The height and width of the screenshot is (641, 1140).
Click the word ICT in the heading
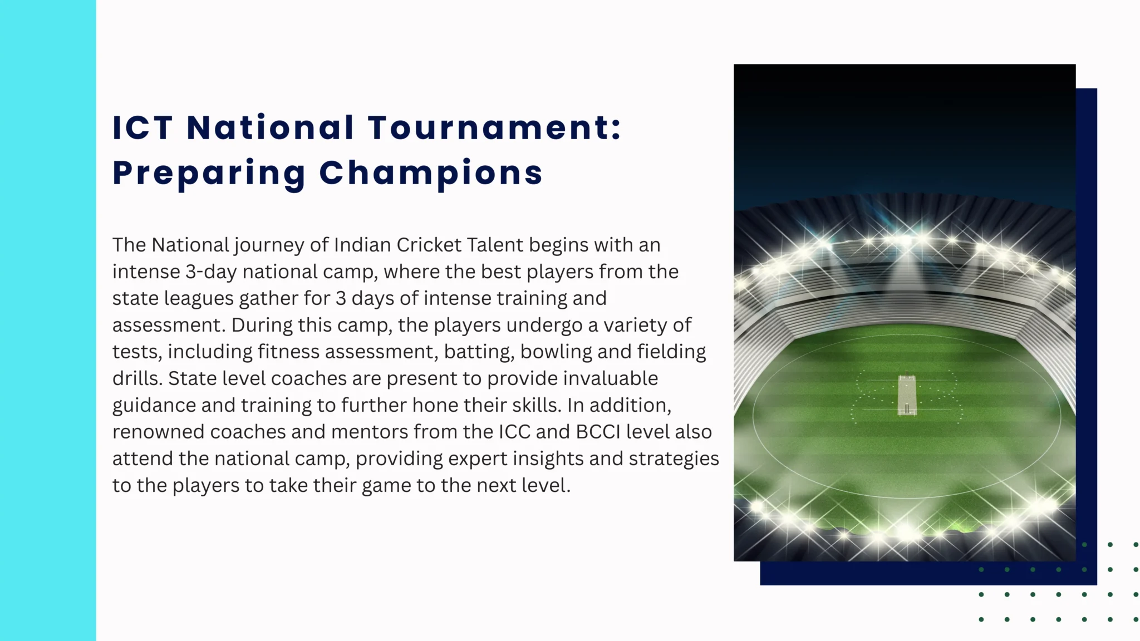[142, 127]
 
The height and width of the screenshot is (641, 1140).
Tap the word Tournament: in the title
[494, 127]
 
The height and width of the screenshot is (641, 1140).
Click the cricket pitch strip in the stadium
[907, 395]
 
